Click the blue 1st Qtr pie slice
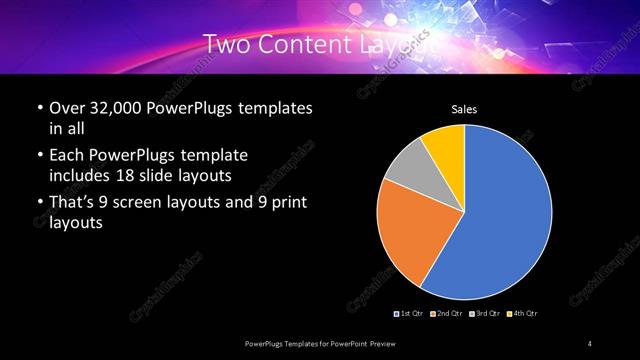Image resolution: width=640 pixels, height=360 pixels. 505,215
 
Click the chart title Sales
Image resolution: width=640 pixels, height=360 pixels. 464,108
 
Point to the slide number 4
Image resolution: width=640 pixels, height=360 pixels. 590,343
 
